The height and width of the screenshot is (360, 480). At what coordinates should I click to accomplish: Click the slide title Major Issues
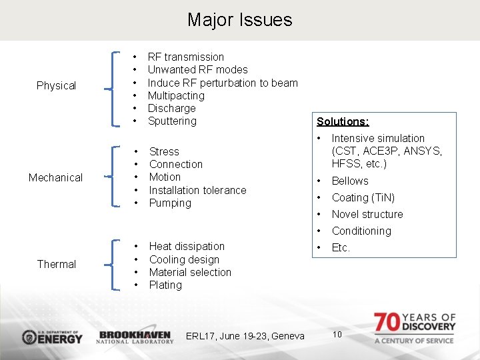click(x=239, y=20)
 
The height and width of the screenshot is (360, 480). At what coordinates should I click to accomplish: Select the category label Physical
click(x=56, y=85)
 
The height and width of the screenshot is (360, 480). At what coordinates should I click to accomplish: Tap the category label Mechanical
click(x=55, y=177)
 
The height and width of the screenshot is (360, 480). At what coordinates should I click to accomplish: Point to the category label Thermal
click(x=56, y=264)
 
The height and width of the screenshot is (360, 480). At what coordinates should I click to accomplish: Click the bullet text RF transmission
click(x=185, y=57)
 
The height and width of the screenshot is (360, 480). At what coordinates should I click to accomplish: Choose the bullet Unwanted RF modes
click(x=197, y=70)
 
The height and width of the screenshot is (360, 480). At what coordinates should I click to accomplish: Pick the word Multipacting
click(x=176, y=95)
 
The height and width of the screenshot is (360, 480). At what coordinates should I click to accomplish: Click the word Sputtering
click(x=172, y=121)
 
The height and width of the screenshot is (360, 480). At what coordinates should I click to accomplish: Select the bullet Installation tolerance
click(x=197, y=190)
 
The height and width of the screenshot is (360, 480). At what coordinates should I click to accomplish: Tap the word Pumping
click(x=170, y=203)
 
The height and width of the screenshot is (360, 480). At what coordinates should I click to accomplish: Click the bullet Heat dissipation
click(x=187, y=247)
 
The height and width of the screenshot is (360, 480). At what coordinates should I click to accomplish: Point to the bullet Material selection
click(x=190, y=273)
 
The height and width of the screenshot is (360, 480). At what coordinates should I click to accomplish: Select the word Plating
click(x=165, y=285)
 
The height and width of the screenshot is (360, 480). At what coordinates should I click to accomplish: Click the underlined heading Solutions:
click(x=343, y=121)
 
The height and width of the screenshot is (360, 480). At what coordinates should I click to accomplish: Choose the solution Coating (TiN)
click(x=363, y=198)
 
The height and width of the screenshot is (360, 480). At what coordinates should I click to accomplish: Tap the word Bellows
click(x=350, y=181)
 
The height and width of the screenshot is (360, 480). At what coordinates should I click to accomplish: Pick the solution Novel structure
click(x=367, y=215)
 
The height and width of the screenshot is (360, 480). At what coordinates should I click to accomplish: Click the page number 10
click(x=337, y=334)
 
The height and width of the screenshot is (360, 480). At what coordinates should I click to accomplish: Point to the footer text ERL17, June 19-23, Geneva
click(x=245, y=336)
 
